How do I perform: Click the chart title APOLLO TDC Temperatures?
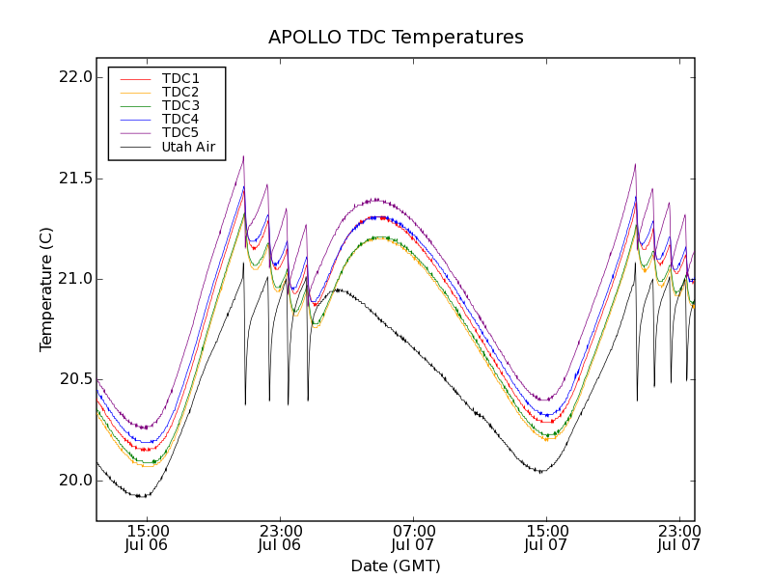tap(396, 38)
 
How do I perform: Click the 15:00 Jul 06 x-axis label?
tap(147, 538)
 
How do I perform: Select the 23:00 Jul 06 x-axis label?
tap(280, 538)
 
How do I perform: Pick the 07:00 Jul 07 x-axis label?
tap(413, 538)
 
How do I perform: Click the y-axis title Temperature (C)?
tap(46, 289)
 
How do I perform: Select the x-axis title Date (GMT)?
tap(396, 565)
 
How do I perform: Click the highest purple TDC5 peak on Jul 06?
tap(243, 156)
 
